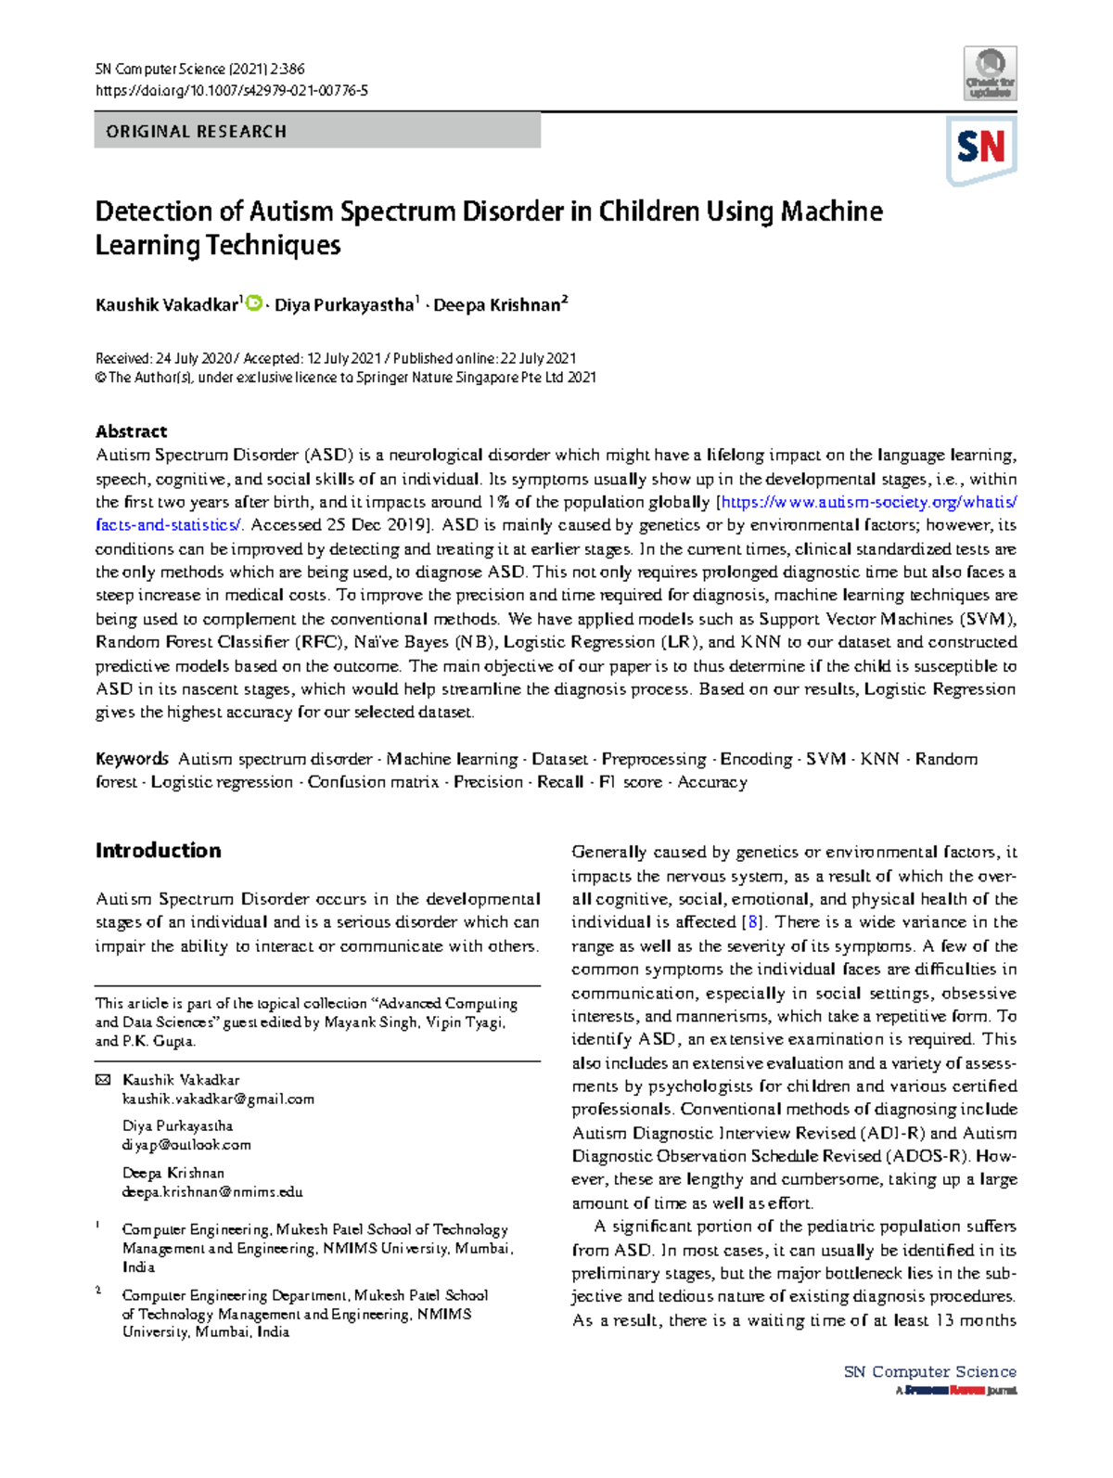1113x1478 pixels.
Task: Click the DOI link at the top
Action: pos(231,91)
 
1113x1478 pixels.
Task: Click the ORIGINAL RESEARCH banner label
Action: pos(196,132)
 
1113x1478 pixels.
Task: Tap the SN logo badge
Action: pos(981,148)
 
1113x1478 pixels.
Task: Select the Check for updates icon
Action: pos(991,73)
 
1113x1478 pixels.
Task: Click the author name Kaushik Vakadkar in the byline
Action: pos(167,305)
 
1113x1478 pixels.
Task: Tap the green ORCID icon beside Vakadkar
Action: pos(254,302)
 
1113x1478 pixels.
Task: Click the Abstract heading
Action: pos(131,431)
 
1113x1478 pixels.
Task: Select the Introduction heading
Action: pos(158,851)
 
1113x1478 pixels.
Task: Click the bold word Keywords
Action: pos(132,759)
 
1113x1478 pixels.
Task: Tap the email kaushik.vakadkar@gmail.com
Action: pos(218,1099)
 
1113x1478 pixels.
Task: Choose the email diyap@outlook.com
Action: pos(186,1145)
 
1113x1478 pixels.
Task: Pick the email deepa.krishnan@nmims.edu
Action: pos(212,1192)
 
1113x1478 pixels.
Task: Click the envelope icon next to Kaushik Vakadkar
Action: pos(103,1080)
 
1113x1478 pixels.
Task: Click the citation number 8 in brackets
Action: pos(754,922)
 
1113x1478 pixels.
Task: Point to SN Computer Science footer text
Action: pos(929,1371)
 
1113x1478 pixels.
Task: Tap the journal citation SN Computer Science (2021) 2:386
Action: pos(199,69)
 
